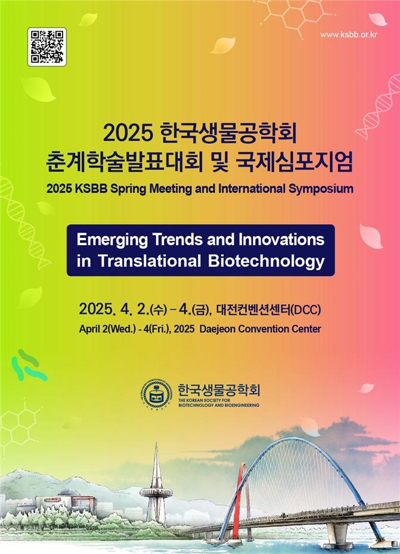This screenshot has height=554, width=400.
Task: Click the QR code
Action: pos(47,47)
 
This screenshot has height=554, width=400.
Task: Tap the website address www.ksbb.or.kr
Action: pos(349,34)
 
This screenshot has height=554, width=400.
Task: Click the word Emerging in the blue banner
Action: pos(112,240)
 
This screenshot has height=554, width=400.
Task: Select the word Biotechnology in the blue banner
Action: pos(266,261)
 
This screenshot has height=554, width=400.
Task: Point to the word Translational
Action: pos(149,261)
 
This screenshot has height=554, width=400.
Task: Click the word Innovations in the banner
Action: pos(281,239)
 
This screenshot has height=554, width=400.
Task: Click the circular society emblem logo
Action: pos(157,394)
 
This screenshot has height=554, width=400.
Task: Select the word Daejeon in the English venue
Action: pos(217,329)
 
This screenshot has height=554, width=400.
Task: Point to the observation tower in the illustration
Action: pos(156,484)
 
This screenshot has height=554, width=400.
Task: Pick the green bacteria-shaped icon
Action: pos(28,365)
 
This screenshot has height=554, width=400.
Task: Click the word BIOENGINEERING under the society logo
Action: pos(242,406)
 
